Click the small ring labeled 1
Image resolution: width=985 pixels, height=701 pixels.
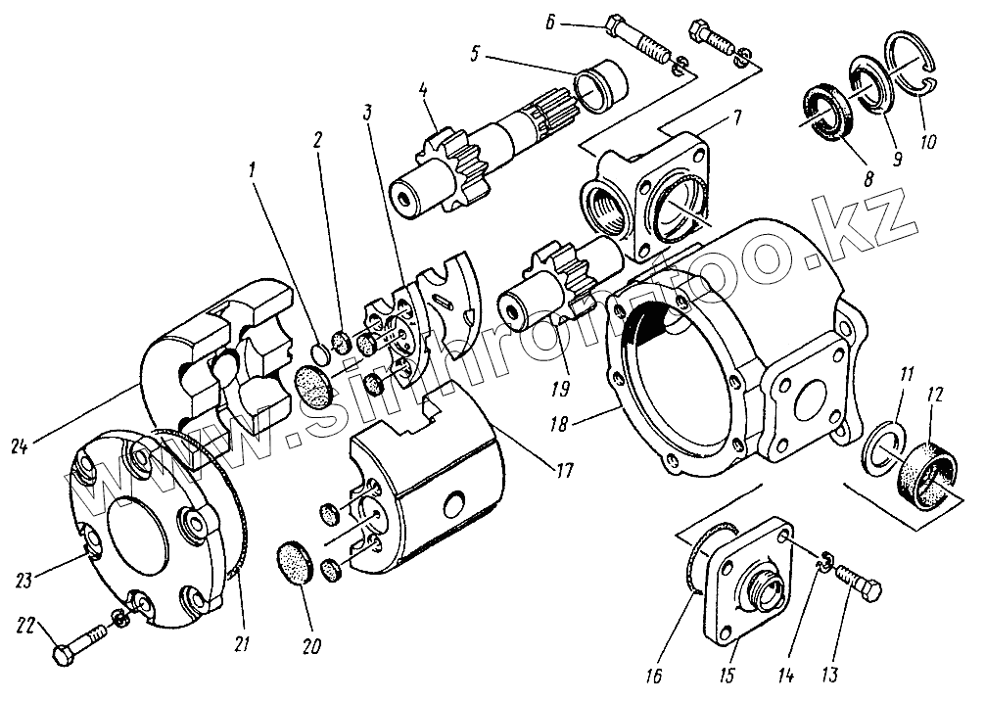click(x=320, y=350)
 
